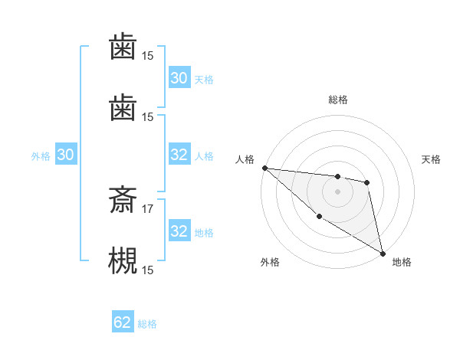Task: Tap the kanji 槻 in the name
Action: click(x=123, y=260)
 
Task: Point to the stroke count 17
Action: click(x=148, y=208)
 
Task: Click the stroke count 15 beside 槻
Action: click(x=148, y=270)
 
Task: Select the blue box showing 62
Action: click(x=123, y=322)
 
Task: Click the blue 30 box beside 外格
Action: click(x=66, y=155)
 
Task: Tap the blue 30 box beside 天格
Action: click(x=179, y=78)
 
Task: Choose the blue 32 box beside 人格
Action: click(x=179, y=155)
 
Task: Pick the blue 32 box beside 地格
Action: click(x=179, y=231)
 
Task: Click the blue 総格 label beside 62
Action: click(x=147, y=324)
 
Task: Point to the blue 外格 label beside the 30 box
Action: click(x=41, y=156)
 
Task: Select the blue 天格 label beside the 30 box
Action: click(x=203, y=79)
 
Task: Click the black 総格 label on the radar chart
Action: click(x=337, y=100)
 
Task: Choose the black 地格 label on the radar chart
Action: click(x=402, y=262)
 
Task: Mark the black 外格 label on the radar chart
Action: click(x=270, y=262)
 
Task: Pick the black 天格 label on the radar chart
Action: click(x=431, y=159)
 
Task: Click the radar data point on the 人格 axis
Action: click(x=264, y=168)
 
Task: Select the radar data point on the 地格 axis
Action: click(x=383, y=253)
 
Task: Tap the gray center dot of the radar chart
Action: click(x=337, y=191)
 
